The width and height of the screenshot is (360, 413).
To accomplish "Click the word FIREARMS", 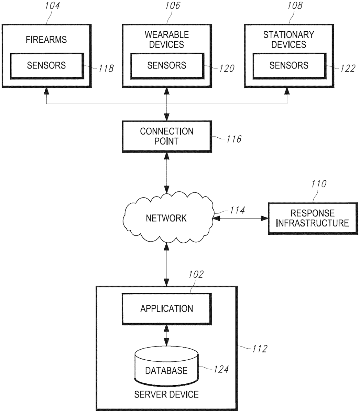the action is [46, 40].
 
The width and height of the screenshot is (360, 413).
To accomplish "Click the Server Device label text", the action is [166, 394].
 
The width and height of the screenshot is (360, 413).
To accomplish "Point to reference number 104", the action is [52, 6].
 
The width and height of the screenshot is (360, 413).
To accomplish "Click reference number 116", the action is [234, 139].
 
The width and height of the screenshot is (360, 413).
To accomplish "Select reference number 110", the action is [319, 184].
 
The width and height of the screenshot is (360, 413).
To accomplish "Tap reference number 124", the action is [221, 369].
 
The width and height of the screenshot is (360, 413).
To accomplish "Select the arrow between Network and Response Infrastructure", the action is [240, 219].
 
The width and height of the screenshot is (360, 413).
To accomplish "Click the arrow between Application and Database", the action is [166, 336].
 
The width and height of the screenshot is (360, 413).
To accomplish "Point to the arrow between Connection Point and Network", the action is [166, 173].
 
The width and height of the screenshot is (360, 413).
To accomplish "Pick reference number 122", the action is [348, 68].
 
